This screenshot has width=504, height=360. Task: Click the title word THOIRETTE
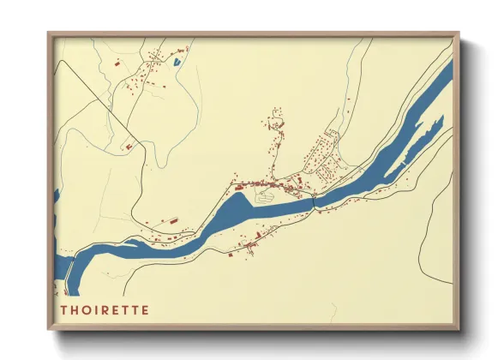point(105,309)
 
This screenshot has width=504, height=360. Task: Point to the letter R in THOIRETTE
point(106,309)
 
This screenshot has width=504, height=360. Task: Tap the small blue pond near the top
point(177,62)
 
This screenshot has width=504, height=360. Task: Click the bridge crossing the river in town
point(315,201)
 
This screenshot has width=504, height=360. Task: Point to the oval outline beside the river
point(267,196)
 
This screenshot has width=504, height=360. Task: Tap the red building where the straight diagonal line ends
point(129,147)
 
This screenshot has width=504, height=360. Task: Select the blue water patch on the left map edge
point(57,198)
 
